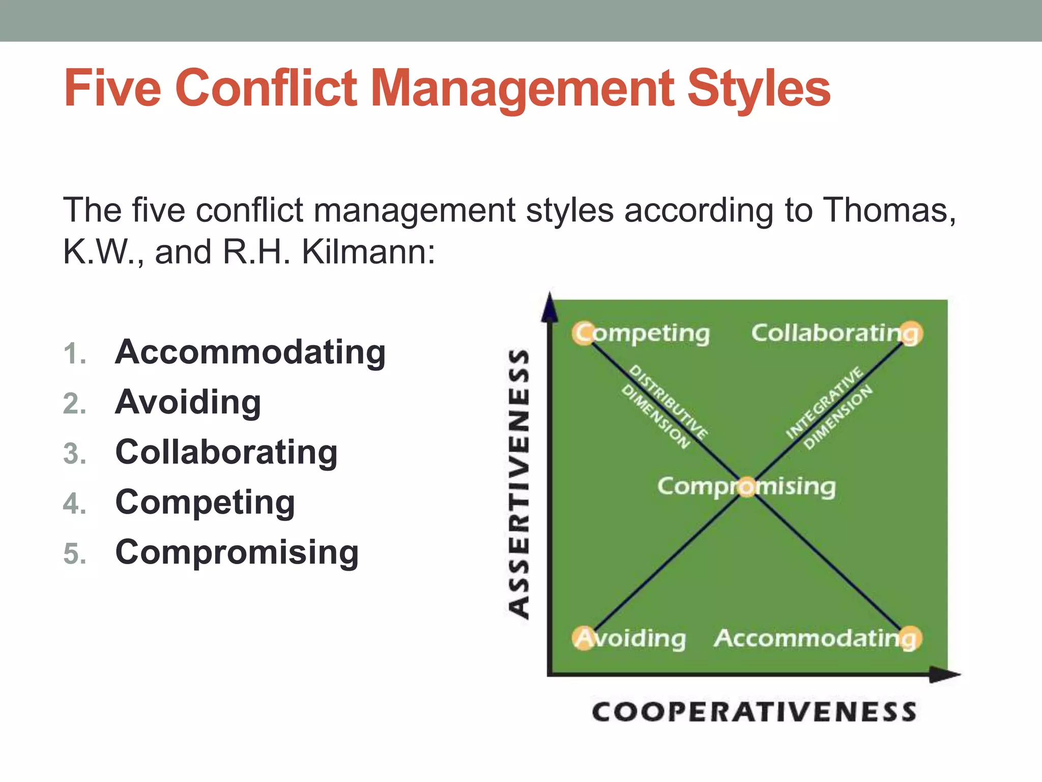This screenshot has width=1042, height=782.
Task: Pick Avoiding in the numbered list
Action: coord(188,402)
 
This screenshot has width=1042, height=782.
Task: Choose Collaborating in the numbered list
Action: coord(226,452)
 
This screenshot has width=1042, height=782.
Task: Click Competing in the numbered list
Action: coord(205,502)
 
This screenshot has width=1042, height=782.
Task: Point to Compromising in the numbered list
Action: coord(237,552)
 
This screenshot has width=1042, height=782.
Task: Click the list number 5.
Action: coord(74,553)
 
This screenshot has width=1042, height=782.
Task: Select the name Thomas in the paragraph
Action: coord(888,210)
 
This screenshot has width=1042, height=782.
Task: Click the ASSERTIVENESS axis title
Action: coord(519,484)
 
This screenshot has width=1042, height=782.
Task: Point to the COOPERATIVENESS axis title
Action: coord(754,711)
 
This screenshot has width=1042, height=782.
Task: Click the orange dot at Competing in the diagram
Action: coord(584,333)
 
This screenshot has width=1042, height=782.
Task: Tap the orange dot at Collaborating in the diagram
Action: coord(911,333)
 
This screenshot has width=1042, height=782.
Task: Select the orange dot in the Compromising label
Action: coord(747,487)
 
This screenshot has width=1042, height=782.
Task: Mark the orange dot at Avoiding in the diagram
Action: coord(584,638)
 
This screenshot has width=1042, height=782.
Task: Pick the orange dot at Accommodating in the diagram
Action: coord(911,638)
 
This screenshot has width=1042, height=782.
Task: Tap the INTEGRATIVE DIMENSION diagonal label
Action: coord(829,407)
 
